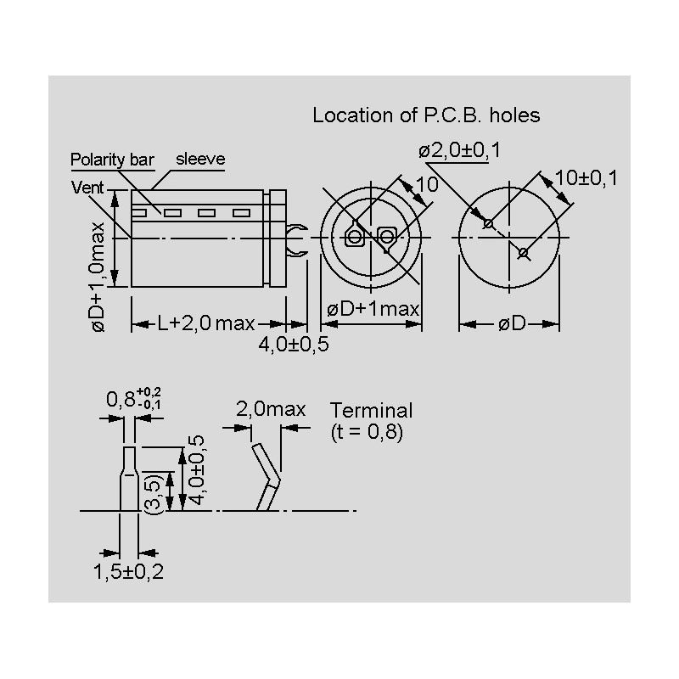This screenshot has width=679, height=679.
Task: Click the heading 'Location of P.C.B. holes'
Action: (x=426, y=115)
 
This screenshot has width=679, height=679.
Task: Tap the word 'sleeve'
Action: (x=200, y=159)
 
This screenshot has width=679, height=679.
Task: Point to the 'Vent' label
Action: (x=87, y=188)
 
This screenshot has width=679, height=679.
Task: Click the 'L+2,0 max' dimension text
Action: (x=206, y=323)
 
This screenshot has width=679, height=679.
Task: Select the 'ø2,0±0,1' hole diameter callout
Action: (x=459, y=150)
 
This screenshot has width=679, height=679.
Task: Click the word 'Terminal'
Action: (x=371, y=411)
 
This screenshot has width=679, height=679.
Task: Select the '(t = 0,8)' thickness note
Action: (x=366, y=431)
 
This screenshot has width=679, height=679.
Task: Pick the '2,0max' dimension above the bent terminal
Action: (x=270, y=409)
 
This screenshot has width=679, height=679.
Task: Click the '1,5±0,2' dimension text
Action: (x=128, y=571)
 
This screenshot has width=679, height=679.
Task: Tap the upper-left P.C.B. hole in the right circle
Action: (x=488, y=224)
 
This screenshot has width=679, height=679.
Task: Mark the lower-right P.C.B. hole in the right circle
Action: (x=523, y=251)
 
